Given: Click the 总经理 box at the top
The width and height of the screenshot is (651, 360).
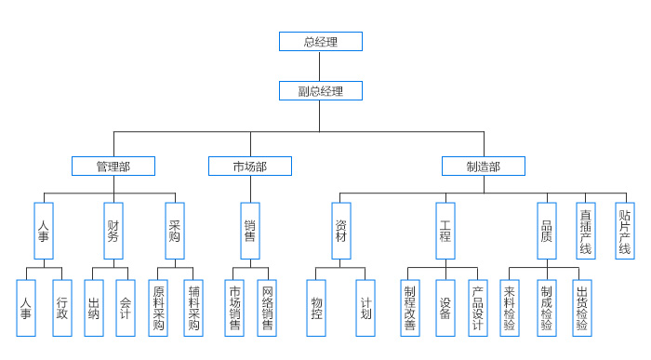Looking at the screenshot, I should (x=320, y=42).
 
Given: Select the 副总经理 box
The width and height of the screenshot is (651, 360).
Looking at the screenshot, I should (x=320, y=91).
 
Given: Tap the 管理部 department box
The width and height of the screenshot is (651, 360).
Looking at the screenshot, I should (x=113, y=167).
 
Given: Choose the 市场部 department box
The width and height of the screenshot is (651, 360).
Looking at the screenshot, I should (x=249, y=167).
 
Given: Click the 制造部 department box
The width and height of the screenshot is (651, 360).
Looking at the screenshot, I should (x=483, y=167).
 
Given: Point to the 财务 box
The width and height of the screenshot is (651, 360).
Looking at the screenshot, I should (x=113, y=231).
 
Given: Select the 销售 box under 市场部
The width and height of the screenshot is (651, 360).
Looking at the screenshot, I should (x=249, y=231).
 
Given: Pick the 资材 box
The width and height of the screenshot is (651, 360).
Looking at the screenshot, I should (x=341, y=231).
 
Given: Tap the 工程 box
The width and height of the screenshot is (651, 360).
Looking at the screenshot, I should (x=445, y=231).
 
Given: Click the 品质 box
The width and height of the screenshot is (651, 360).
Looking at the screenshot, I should (x=546, y=231).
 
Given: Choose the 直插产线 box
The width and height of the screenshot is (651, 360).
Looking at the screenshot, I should (x=586, y=231).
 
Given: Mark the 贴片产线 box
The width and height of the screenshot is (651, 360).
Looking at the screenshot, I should (x=625, y=231).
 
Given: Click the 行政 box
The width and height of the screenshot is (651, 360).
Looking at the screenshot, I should (x=62, y=308).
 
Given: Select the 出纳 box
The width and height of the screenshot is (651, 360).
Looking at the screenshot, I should (x=94, y=308).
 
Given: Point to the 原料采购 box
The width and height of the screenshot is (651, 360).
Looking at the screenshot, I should (x=159, y=308).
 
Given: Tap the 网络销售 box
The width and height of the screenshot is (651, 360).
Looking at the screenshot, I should (x=267, y=308).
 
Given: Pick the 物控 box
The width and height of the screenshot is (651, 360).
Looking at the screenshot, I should (x=316, y=308).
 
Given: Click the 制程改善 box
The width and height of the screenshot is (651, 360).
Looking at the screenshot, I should (x=410, y=308).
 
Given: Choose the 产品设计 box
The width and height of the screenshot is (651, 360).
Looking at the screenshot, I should (x=477, y=308).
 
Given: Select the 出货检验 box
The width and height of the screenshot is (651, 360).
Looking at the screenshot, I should (x=581, y=308).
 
